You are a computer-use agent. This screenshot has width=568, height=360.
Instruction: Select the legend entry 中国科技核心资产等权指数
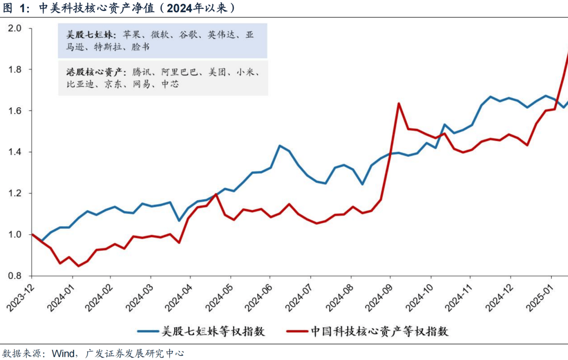point(379,332)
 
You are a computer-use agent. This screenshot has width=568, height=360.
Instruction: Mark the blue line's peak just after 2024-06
point(280,146)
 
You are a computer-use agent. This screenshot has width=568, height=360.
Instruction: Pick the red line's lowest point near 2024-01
point(78,266)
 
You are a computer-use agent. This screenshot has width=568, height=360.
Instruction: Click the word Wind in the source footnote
point(63,353)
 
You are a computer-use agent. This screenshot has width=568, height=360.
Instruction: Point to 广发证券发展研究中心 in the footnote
point(134,353)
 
